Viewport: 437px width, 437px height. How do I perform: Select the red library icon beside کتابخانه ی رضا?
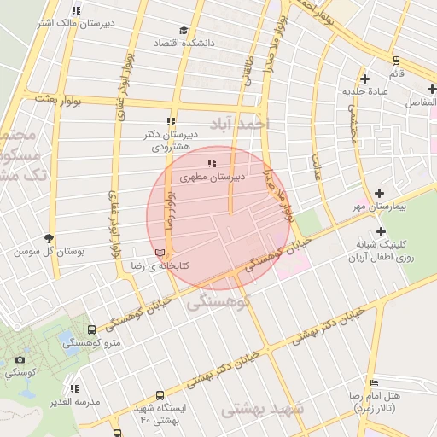point(160,253)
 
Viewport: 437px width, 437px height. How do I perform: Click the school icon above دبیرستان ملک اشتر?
point(77,10)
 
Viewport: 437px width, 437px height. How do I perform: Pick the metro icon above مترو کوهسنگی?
point(91,330)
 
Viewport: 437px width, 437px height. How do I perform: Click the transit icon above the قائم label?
point(395,60)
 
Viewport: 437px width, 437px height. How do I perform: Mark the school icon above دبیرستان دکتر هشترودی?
point(171,121)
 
